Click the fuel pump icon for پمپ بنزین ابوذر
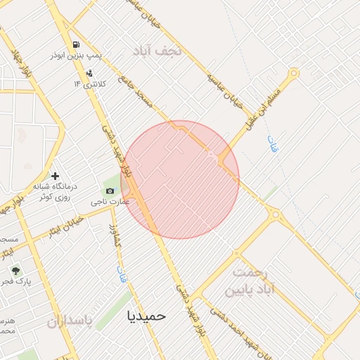(75, 44)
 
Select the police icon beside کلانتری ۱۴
(89, 73)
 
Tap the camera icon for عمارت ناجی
(110, 191)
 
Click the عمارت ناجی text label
(110, 202)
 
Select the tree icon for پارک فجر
(15, 270)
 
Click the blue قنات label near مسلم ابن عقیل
(272, 145)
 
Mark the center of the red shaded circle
(180, 179)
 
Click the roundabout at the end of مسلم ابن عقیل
(293, 72)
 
